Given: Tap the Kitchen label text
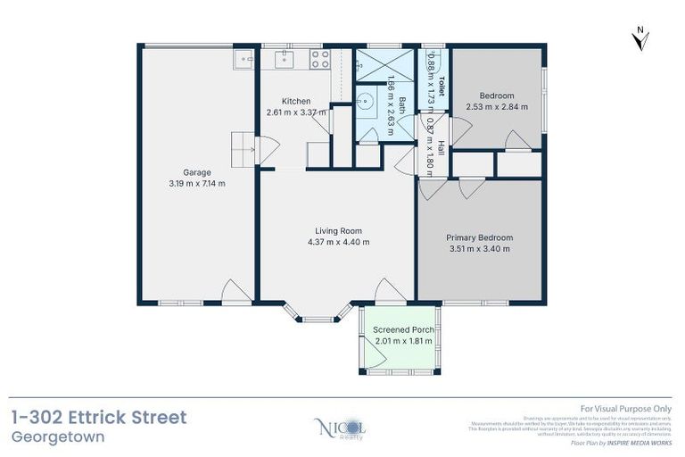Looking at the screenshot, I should click(x=295, y=101).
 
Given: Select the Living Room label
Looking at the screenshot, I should click(x=336, y=230).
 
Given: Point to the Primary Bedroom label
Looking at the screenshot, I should click(x=479, y=237).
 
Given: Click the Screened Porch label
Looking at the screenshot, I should click(x=403, y=330).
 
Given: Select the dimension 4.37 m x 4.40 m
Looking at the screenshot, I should click(x=336, y=242).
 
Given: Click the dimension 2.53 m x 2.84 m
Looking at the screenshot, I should click(x=497, y=107).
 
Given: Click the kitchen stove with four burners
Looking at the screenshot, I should click(x=319, y=60).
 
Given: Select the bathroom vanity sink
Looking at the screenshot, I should click(x=366, y=102).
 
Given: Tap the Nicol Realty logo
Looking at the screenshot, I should click(x=341, y=429).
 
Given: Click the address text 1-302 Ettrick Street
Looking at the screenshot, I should click(x=99, y=417).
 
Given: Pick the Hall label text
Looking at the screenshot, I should click(x=441, y=148).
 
